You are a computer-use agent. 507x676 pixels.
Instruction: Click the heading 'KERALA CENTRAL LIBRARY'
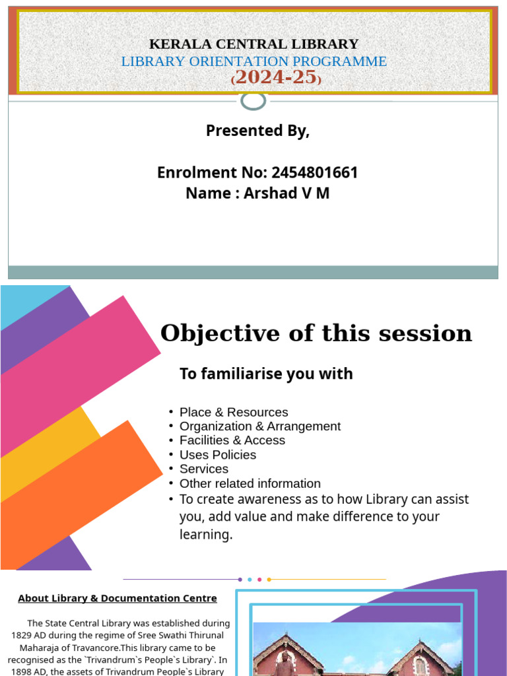(x=253, y=44)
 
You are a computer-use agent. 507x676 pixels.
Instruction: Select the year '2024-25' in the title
(x=275, y=77)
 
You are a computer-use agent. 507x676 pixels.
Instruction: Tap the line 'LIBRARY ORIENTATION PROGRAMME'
(x=253, y=61)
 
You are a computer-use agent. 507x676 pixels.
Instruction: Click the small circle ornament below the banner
(x=253, y=101)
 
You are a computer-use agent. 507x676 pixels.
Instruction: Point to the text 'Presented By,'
(x=257, y=131)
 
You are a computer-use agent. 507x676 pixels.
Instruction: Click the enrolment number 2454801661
(x=314, y=173)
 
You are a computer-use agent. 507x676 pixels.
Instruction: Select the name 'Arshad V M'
(x=287, y=193)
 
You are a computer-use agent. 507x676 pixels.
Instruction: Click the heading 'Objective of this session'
(x=316, y=333)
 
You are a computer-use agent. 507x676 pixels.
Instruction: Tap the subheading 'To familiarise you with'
(x=266, y=374)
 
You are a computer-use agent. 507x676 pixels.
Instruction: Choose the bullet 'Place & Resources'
(x=234, y=413)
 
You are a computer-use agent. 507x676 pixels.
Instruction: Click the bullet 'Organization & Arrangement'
(x=260, y=426)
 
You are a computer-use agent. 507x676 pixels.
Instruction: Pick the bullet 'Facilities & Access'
(x=232, y=440)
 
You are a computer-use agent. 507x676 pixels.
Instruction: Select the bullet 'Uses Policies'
(x=218, y=455)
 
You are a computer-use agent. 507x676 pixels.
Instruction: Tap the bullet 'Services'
(x=204, y=469)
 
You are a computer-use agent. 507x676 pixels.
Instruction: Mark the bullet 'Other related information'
(x=250, y=483)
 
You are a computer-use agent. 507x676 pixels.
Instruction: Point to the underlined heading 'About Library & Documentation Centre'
(x=118, y=598)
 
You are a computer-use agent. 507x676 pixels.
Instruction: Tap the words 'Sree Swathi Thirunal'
(x=179, y=634)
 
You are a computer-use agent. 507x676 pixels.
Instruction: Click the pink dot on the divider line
(x=259, y=580)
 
